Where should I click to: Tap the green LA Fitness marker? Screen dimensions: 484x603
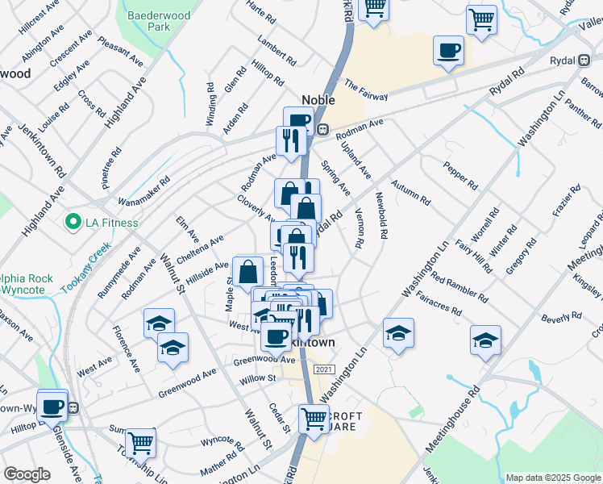tap(72, 222)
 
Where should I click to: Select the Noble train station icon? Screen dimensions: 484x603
tap(322, 129)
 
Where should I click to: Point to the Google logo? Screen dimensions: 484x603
tap(27, 474)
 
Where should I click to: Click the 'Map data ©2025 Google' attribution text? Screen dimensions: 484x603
tap(553, 478)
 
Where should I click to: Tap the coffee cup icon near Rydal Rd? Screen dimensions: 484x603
tap(448, 52)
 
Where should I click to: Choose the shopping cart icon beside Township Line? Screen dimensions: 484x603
tap(140, 443)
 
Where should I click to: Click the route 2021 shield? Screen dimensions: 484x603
tap(324, 369)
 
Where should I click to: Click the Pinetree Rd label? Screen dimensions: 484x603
tap(110, 167)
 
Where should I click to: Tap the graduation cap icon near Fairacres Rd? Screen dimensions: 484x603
tap(398, 333)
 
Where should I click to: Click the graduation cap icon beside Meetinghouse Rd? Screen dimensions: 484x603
tap(485, 340)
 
